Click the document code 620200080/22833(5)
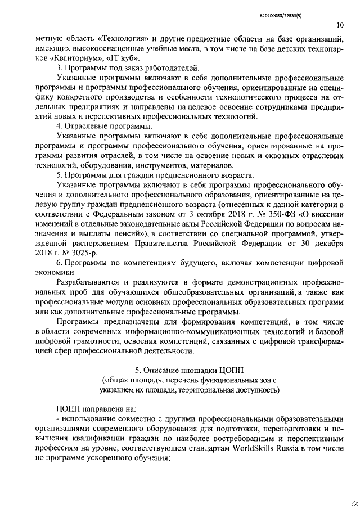pyautogui.click(x=313, y=10)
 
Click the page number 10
pyautogui.click(x=340, y=25)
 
